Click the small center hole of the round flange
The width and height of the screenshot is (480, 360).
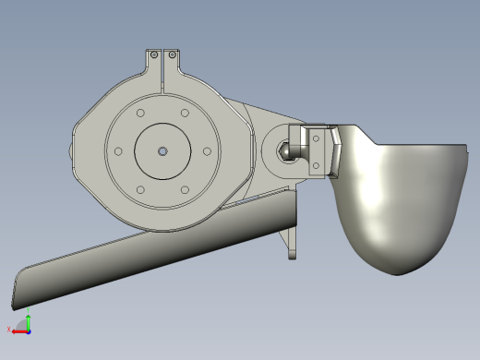(x=162, y=151)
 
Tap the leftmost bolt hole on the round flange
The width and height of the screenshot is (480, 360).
(x=117, y=151)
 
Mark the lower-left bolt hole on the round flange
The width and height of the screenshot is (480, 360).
(x=139, y=190)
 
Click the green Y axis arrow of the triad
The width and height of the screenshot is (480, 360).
(x=28, y=319)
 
